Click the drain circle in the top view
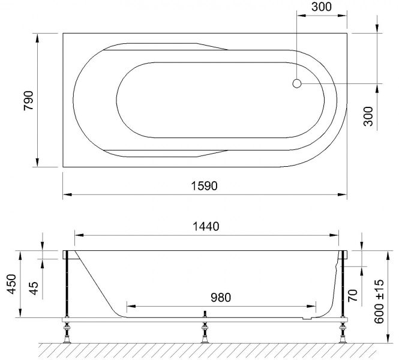coord(297,83)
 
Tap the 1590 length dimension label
coord(205,186)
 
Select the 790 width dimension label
coord(29,100)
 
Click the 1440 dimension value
coord(206,226)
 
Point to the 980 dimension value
coord(221,298)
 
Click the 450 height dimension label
coord(11,284)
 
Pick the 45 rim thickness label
coord(34,288)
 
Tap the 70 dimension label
coord(353,295)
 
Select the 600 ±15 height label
coord(379,301)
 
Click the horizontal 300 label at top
coord(322,7)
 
